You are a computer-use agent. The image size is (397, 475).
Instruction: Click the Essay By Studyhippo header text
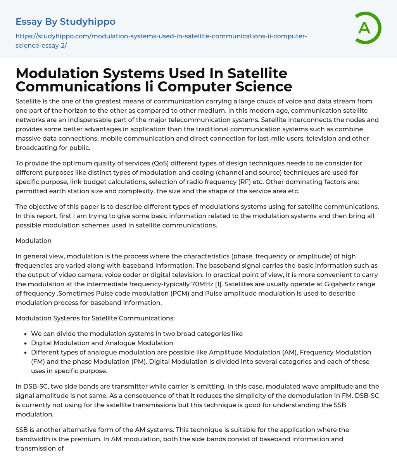(66, 22)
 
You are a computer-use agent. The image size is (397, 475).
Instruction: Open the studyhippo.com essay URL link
(161, 40)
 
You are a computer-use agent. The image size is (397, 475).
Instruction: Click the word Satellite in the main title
(257, 73)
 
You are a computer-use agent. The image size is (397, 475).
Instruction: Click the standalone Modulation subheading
(33, 241)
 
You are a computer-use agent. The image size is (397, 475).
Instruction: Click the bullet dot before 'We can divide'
(26, 334)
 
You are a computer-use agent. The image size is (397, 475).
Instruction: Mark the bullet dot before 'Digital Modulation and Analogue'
(26, 343)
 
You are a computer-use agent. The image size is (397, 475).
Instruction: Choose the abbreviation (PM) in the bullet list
(143, 361)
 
